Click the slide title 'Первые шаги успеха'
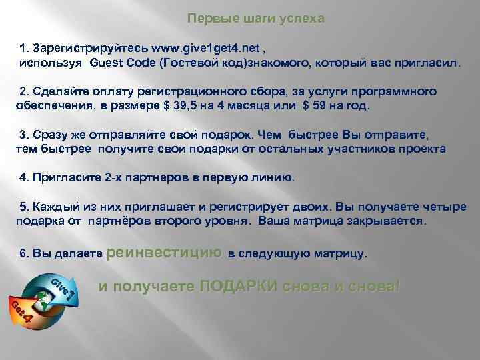point(255,19)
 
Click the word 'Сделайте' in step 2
point(59,91)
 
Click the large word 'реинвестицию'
point(163,252)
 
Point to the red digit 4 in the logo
point(27,319)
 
